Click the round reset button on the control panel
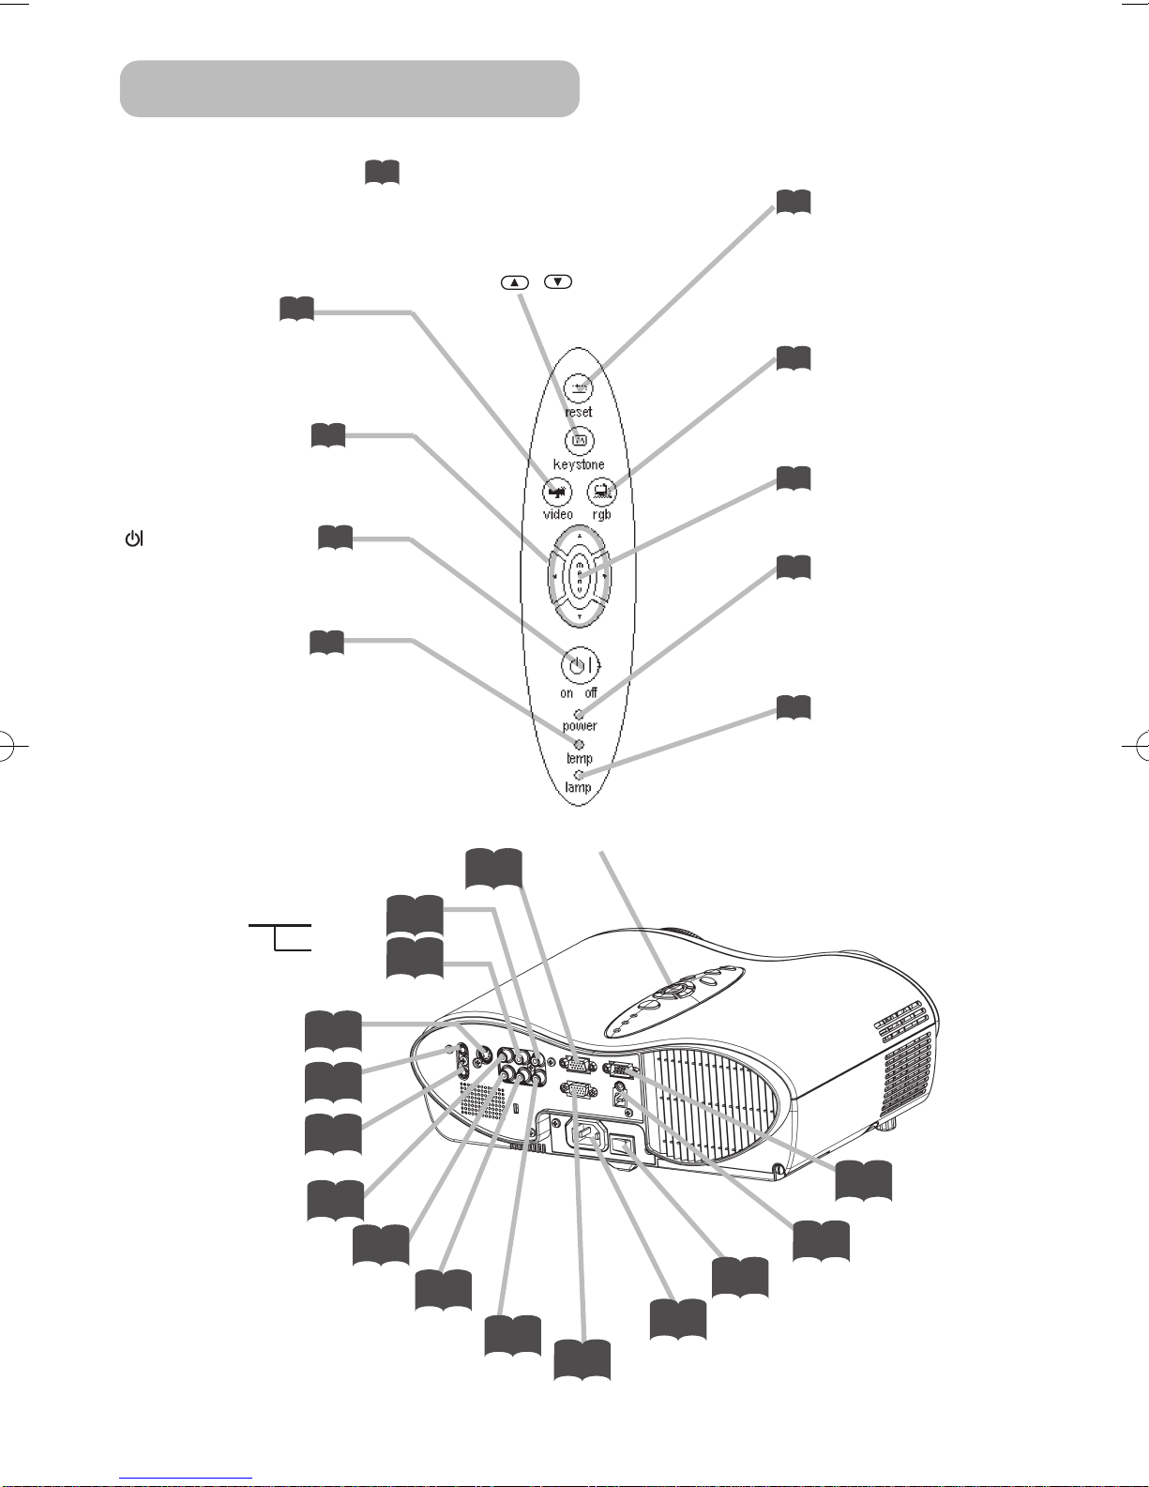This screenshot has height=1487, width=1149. tap(580, 388)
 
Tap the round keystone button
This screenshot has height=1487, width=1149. tap(580, 441)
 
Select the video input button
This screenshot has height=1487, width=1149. tap(557, 492)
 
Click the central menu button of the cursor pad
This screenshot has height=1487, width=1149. tap(580, 578)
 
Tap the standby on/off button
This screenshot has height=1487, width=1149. tap(577, 664)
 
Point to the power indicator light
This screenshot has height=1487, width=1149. tap(580, 715)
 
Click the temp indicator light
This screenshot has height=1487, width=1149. tap(580, 744)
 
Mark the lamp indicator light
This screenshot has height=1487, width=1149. tap(580, 775)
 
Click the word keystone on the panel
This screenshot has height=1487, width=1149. tap(579, 464)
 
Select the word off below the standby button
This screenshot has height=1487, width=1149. tap(591, 692)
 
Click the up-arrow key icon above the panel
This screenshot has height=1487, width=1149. tap(515, 282)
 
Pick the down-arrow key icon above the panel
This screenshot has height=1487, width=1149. tap(558, 281)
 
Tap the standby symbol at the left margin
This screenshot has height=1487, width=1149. tap(134, 539)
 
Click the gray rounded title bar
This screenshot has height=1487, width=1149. tap(350, 88)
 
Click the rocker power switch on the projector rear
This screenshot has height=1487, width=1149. tap(622, 1143)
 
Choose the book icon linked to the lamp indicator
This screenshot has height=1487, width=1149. tap(794, 707)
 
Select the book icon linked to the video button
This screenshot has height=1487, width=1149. tap(296, 309)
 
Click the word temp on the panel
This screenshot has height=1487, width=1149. tap(580, 758)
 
